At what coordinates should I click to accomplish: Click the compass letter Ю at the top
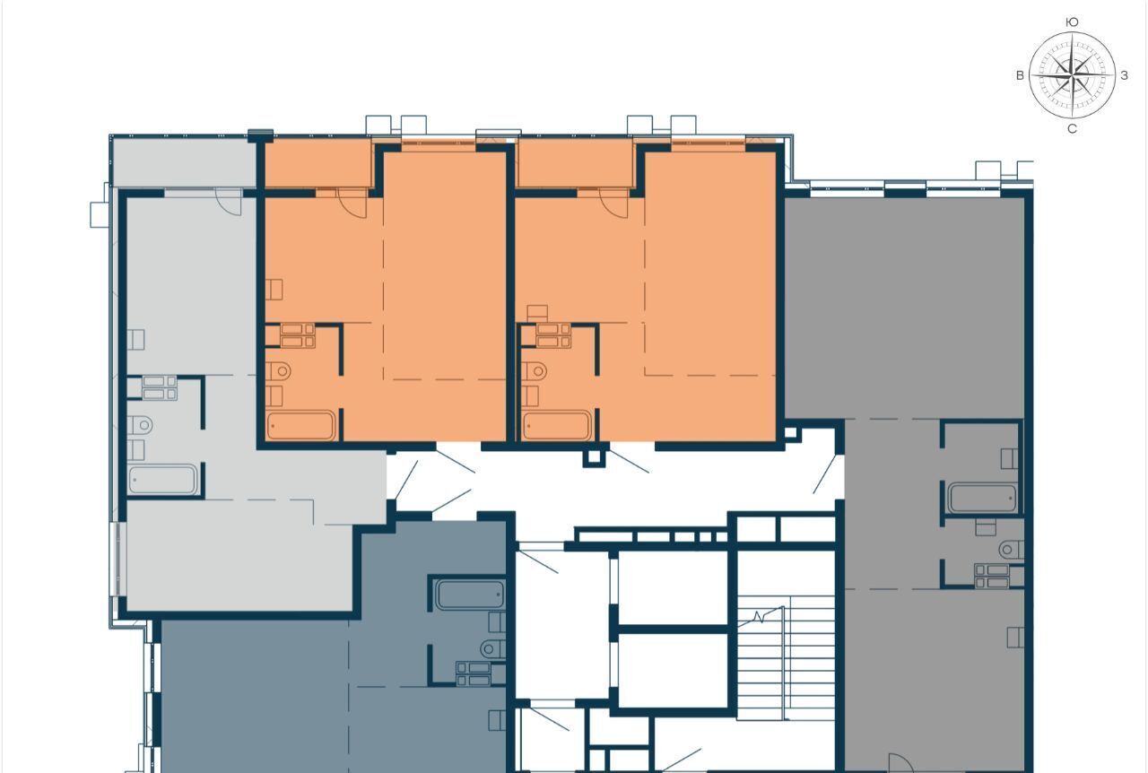coord(1072,22)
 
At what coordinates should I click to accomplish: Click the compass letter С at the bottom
coord(1072,129)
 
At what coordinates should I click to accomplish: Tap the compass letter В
coord(1020,75)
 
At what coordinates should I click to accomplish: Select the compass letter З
coord(1124,75)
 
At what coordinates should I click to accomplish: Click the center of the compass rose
coord(1072,75)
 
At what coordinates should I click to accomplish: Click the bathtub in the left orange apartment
coord(300,425)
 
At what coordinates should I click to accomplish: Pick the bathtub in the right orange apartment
coord(557,425)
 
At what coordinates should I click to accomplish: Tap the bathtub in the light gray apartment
coord(162,479)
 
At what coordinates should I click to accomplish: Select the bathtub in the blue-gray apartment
coord(470,595)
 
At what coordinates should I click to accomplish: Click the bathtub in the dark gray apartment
coord(982,498)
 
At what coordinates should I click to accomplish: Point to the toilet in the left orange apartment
coord(278,370)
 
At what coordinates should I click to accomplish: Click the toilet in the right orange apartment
coord(534,370)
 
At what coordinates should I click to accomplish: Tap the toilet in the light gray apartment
coord(141,425)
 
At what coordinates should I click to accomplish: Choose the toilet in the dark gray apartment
coord(1011,550)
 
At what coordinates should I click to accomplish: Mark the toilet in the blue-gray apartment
coord(493,649)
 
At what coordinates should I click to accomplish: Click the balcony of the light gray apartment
coord(185,162)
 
